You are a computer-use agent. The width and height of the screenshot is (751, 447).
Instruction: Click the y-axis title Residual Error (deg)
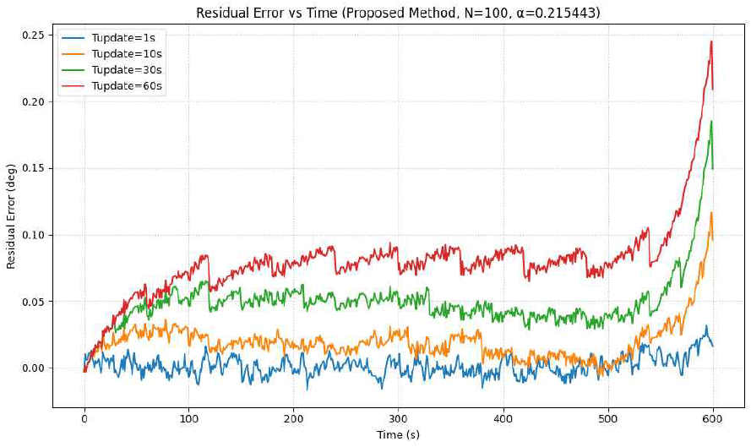click(x=12, y=215)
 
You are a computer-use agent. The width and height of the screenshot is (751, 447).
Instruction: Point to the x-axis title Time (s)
click(x=398, y=434)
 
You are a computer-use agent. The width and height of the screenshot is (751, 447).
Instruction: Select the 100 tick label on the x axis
click(x=189, y=417)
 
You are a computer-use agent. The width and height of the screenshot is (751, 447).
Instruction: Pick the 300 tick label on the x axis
click(x=399, y=417)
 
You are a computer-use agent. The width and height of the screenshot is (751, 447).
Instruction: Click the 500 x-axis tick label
click(x=608, y=417)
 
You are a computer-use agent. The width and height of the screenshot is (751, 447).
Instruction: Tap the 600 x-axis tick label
click(x=713, y=417)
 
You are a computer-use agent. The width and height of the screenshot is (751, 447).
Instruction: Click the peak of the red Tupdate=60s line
click(x=711, y=41)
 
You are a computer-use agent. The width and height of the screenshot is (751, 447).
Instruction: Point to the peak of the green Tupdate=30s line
click(x=711, y=121)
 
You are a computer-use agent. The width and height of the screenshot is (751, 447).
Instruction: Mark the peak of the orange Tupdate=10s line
click(x=711, y=213)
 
